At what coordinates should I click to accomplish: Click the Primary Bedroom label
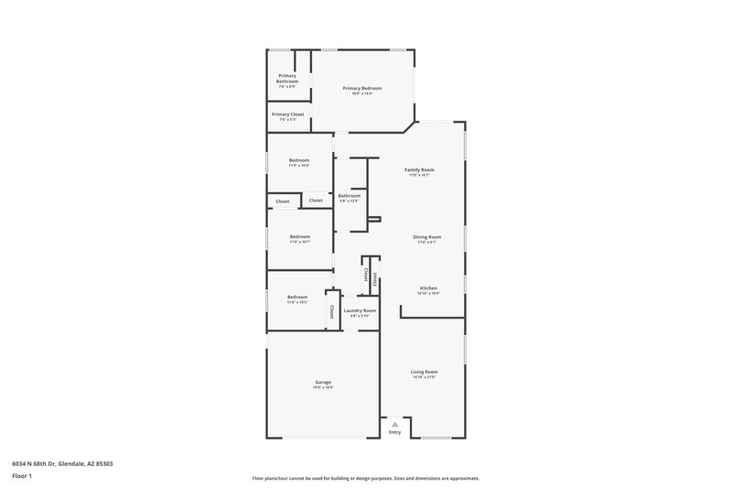click(x=362, y=88)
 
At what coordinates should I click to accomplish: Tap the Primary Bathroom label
click(x=287, y=79)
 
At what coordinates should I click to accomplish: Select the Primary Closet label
click(x=287, y=114)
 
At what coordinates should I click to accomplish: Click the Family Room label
click(x=419, y=169)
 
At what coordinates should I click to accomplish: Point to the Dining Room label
click(x=428, y=237)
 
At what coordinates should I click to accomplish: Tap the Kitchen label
click(x=428, y=287)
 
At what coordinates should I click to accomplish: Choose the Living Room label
click(x=425, y=372)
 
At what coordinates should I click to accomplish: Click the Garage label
click(x=323, y=382)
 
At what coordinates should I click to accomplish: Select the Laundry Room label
click(x=360, y=310)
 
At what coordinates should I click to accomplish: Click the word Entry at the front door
click(x=394, y=432)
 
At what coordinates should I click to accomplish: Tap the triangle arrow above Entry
click(x=394, y=424)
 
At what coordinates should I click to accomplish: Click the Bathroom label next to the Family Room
click(x=349, y=195)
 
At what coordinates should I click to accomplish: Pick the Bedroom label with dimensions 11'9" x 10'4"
click(x=299, y=160)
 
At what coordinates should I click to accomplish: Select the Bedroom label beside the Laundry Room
click(x=297, y=297)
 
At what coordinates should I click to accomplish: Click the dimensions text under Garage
click(x=323, y=387)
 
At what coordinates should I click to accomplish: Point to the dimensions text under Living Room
click(x=425, y=377)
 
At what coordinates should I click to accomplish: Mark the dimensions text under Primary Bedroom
click(x=362, y=93)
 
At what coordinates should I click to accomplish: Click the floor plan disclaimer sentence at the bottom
click(x=365, y=478)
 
